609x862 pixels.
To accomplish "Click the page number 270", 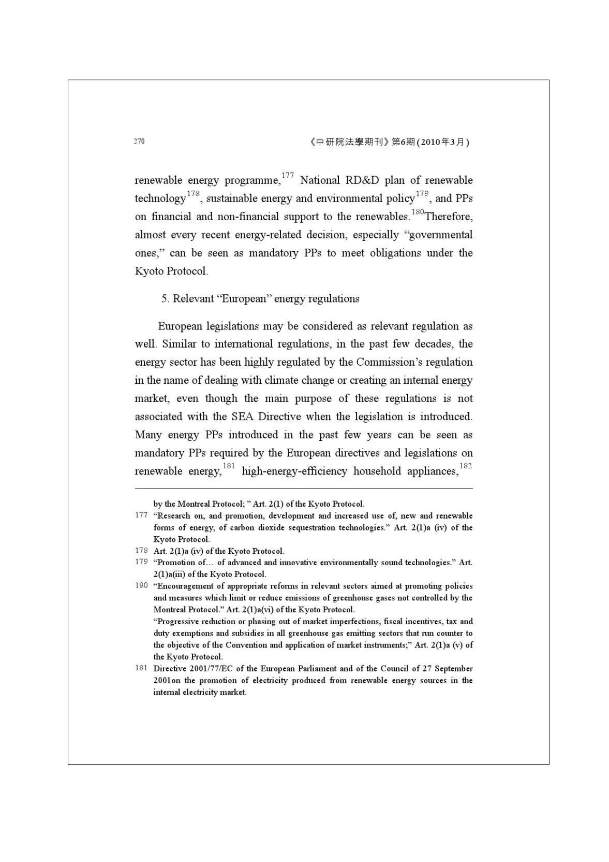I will (x=139, y=141).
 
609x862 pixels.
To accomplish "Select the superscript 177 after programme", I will (x=288, y=176).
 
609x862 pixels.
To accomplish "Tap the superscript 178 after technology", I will (x=193, y=194).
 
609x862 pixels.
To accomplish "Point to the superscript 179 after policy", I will (x=422, y=194).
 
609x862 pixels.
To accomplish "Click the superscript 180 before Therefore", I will (x=418, y=212).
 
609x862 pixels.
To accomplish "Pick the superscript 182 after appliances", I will (x=465, y=466).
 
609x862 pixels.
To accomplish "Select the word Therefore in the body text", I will (x=449, y=217).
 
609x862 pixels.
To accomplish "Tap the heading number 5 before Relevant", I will (x=164, y=299).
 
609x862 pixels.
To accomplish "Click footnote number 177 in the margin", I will (x=141, y=515).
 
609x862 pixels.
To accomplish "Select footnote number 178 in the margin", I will (x=141, y=551).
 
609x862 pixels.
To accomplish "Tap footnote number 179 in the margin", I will (x=141, y=562).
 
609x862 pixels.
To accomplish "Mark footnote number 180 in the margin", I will (x=141, y=586).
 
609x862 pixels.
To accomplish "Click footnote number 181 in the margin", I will (x=141, y=668).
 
